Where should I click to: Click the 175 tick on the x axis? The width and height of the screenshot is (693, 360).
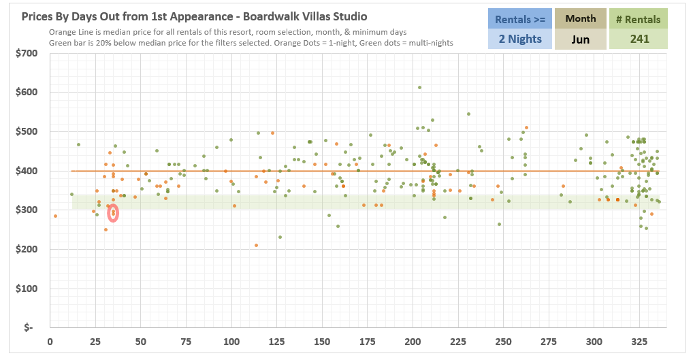click(368, 341)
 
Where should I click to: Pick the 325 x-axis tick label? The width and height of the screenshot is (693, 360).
click(639, 341)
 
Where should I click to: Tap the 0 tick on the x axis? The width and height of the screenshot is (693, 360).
click(50, 341)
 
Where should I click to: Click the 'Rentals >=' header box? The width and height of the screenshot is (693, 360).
click(520, 19)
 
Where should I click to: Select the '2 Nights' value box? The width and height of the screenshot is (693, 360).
click(520, 39)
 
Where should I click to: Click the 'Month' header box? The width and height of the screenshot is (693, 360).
click(580, 19)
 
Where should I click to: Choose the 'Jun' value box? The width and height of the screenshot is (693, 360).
click(580, 39)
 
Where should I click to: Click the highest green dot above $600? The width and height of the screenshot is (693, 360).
click(419, 87)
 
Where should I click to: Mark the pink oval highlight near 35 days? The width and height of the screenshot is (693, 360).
click(113, 213)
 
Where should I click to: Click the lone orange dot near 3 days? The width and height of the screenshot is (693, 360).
click(55, 216)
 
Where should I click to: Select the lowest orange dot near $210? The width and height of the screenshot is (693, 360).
click(256, 245)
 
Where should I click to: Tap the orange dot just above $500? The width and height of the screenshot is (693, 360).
click(526, 127)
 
